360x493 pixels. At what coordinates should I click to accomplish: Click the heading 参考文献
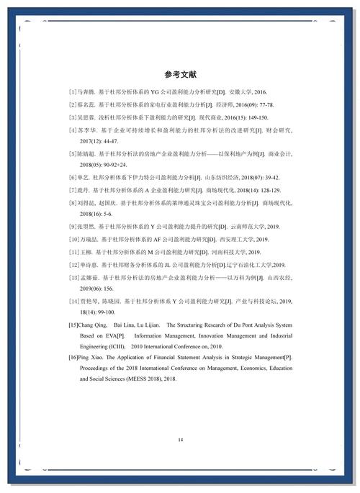click(180, 75)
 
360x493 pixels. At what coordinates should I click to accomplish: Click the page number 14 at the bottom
click(180, 439)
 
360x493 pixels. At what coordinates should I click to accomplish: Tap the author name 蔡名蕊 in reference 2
click(86, 105)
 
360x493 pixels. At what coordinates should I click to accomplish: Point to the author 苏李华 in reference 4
click(87, 130)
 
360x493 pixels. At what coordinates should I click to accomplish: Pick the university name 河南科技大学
click(225, 251)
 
